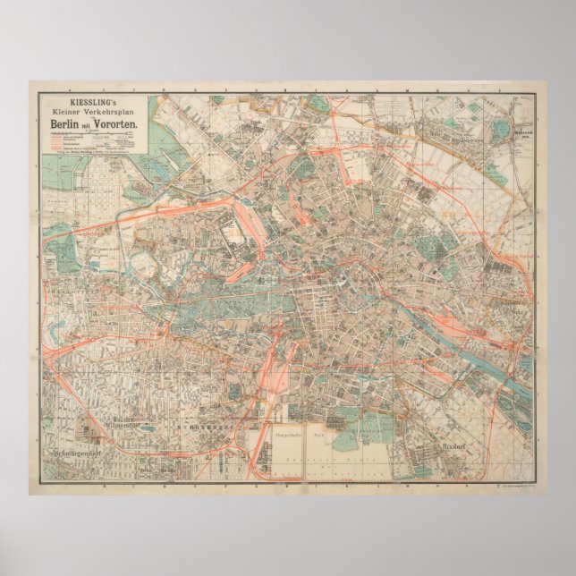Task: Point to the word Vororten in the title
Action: (x=114, y=123)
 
